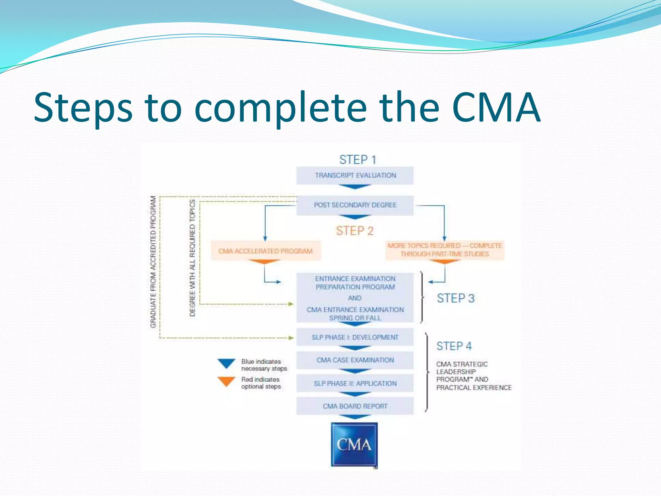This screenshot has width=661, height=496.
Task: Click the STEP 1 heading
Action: tap(358, 160)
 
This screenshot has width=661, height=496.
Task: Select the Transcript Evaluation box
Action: tap(355, 175)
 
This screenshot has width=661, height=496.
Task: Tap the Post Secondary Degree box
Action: tap(355, 205)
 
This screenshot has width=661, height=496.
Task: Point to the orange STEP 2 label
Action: tap(355, 231)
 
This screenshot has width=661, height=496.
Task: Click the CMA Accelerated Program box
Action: tap(266, 251)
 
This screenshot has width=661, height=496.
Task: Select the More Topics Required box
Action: tap(445, 250)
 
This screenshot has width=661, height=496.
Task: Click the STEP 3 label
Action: tap(455, 298)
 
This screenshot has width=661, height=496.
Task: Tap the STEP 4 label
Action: tap(454, 346)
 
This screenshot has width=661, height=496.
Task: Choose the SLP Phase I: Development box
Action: tap(355, 337)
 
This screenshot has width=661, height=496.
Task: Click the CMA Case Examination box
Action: tap(355, 360)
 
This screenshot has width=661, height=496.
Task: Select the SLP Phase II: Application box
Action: tap(355, 383)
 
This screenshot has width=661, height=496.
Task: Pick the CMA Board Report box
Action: tap(355, 406)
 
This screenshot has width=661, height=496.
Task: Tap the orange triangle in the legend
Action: tap(226, 381)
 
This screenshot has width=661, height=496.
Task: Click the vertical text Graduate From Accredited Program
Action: tap(153, 262)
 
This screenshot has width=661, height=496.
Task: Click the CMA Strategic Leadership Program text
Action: tap(473, 376)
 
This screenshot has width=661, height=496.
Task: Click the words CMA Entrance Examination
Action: tap(355, 310)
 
